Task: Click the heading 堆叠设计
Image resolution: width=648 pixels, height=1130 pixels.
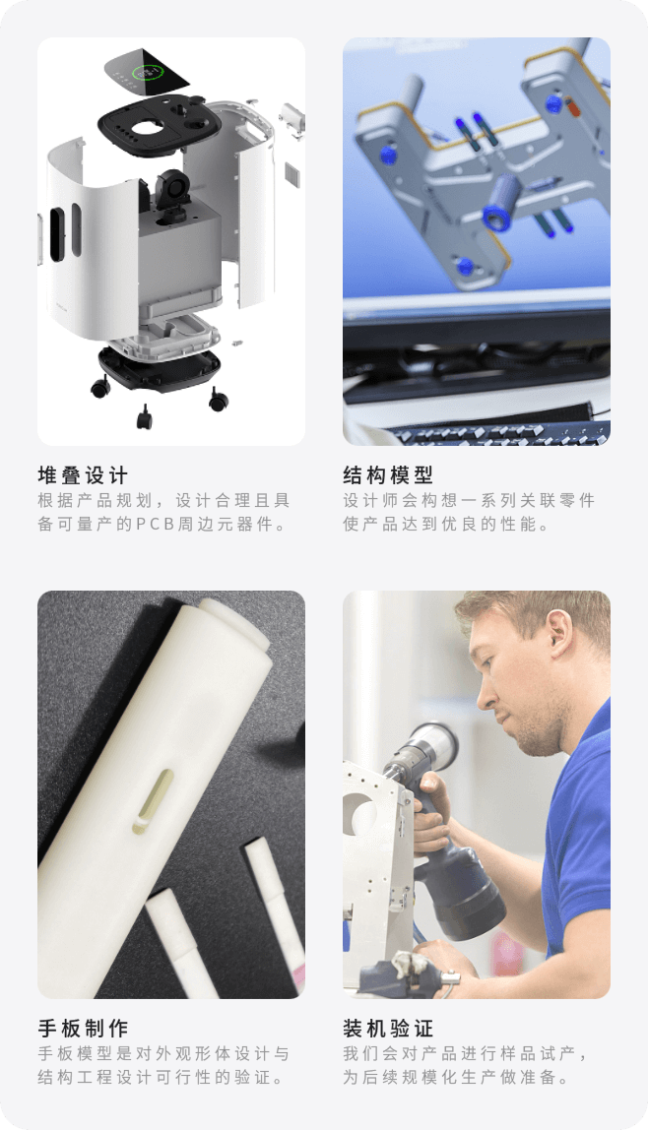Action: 82,475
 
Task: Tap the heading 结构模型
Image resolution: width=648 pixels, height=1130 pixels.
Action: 388,475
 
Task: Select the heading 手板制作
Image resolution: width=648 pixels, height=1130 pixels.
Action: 82,1029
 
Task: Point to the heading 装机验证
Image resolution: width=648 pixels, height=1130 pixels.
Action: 388,1029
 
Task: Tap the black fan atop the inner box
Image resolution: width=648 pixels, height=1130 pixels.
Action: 172,190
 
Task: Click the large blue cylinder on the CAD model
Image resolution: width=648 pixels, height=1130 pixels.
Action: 502,203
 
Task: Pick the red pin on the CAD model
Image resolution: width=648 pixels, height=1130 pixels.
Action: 574,107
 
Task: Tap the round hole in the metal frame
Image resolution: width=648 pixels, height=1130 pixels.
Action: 358,814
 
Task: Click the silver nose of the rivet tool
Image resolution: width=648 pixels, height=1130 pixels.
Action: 432,745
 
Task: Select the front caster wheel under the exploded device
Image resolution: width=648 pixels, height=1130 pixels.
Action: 144,417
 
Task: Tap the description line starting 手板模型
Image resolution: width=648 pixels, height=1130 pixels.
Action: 163,1053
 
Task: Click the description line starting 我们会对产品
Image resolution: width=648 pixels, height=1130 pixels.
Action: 466,1053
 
